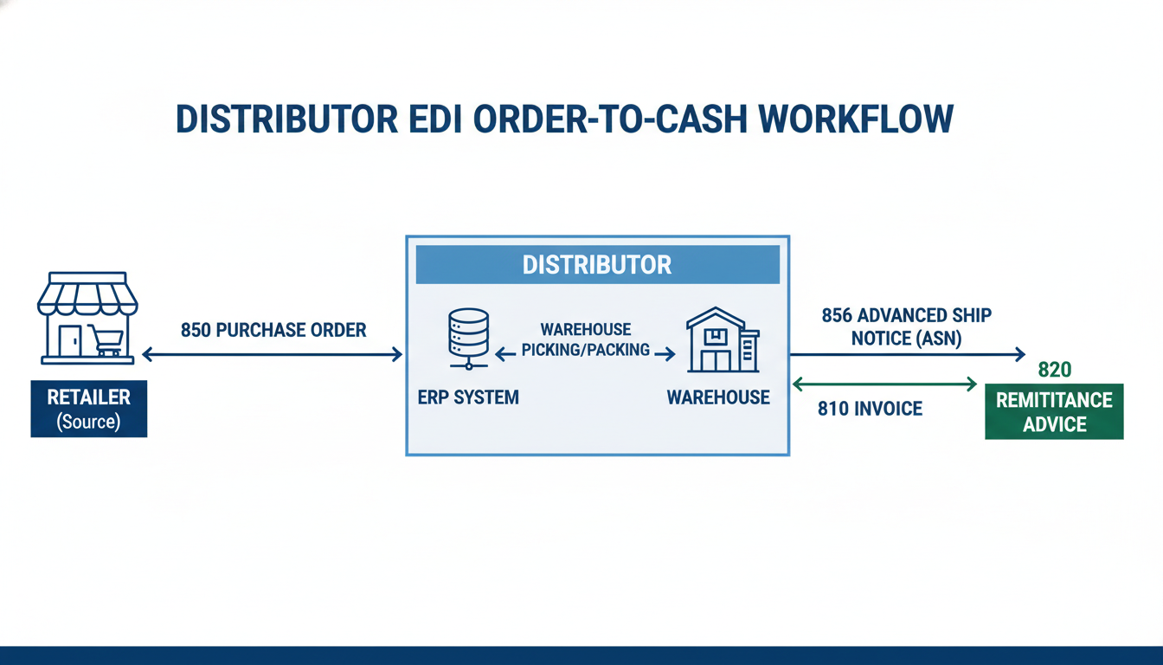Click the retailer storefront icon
(x=87, y=317)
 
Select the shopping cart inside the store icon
(x=106, y=340)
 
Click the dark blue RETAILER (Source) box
(x=89, y=409)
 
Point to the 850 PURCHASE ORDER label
(x=273, y=330)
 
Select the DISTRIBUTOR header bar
(x=597, y=264)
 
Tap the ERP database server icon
(x=468, y=333)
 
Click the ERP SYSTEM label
(x=467, y=397)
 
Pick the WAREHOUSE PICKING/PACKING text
(x=586, y=340)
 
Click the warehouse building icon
(x=722, y=339)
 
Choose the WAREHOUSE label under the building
(x=718, y=397)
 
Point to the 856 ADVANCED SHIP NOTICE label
(x=906, y=327)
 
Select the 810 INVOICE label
(x=870, y=408)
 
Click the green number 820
(x=1054, y=370)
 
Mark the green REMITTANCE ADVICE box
(x=1054, y=412)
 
